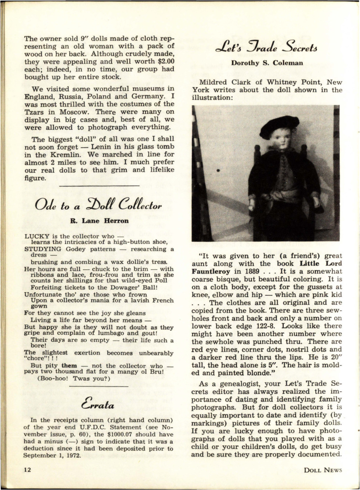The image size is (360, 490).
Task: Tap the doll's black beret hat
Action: click(279, 126)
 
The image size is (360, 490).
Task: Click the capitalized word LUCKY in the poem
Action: click(37, 236)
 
